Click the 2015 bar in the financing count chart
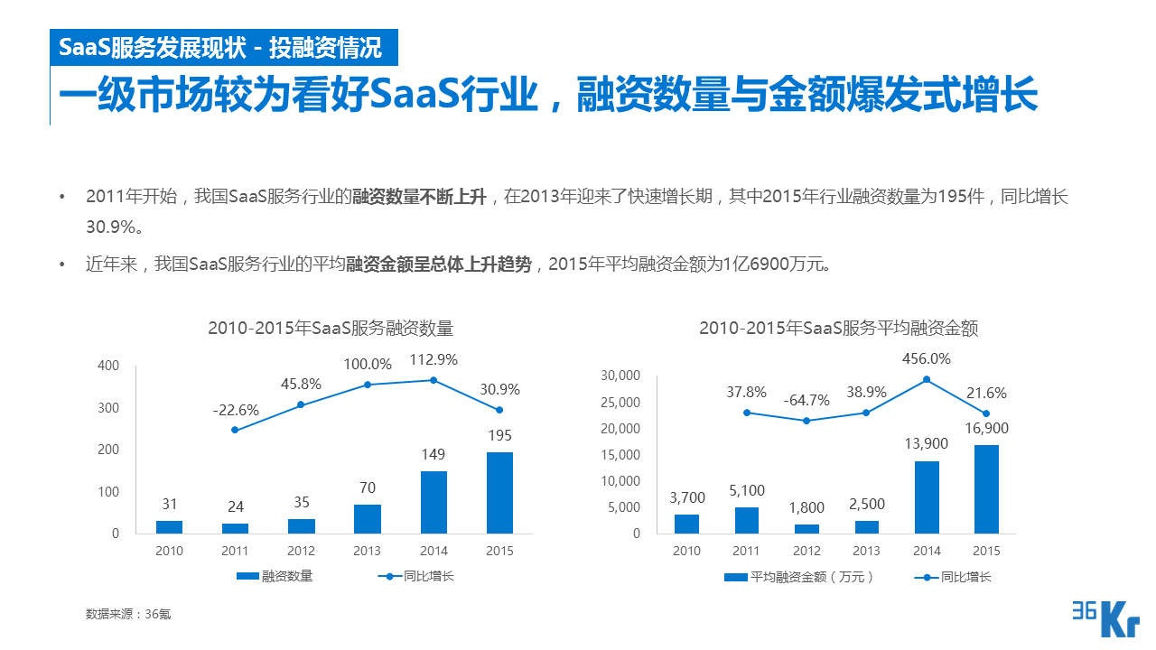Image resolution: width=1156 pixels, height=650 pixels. pyautogui.click(x=499, y=493)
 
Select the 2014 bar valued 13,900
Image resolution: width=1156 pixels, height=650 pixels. pyautogui.click(x=927, y=497)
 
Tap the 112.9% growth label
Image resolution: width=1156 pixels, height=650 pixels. pyautogui.click(x=433, y=359)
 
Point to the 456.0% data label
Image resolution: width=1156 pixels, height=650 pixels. pyautogui.click(x=927, y=358)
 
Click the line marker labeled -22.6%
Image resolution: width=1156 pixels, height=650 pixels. pyautogui.click(x=235, y=430)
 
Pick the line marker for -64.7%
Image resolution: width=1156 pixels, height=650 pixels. pyautogui.click(x=806, y=421)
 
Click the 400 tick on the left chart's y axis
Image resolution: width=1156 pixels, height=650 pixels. pyautogui.click(x=108, y=366)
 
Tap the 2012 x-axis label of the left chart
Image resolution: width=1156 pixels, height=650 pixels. pyautogui.click(x=302, y=551)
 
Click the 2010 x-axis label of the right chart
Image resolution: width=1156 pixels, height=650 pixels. pyautogui.click(x=686, y=551)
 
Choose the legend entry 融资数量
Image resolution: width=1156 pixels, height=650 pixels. pyautogui.click(x=275, y=576)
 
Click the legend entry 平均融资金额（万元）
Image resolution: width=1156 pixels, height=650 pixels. pyautogui.click(x=799, y=576)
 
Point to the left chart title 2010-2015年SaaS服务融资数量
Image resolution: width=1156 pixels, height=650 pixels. pyautogui.click(x=331, y=329)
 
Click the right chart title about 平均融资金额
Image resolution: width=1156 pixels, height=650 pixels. pyautogui.click(x=838, y=329)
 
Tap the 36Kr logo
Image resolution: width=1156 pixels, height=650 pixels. pyautogui.click(x=1105, y=618)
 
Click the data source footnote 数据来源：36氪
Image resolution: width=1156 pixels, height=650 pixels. pyautogui.click(x=128, y=614)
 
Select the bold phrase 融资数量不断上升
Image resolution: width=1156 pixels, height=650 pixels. pyautogui.click(x=419, y=197)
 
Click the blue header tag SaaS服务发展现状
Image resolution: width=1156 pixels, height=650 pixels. pyautogui.click(x=221, y=47)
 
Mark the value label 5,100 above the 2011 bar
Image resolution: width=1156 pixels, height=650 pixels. pyautogui.click(x=747, y=490)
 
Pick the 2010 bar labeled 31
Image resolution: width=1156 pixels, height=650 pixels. pyautogui.click(x=169, y=527)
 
